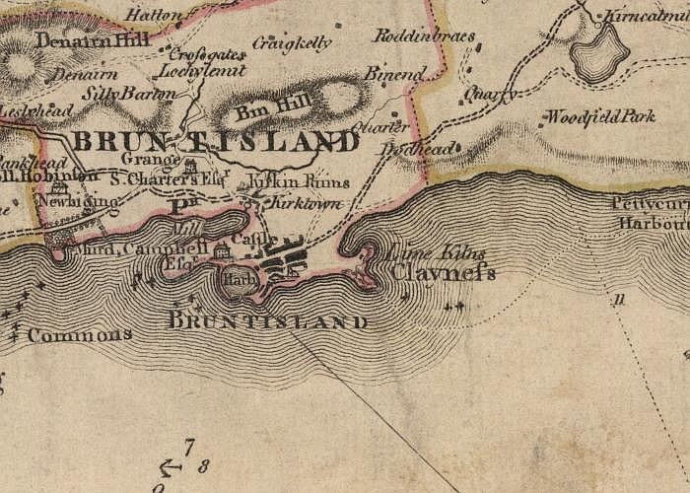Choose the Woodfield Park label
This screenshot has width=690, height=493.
(602, 116)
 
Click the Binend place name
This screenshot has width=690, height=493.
(395, 74)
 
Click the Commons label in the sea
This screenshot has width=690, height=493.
(79, 335)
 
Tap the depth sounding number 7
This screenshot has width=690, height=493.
(189, 447)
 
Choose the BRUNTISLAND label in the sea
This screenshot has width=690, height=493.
(268, 321)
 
